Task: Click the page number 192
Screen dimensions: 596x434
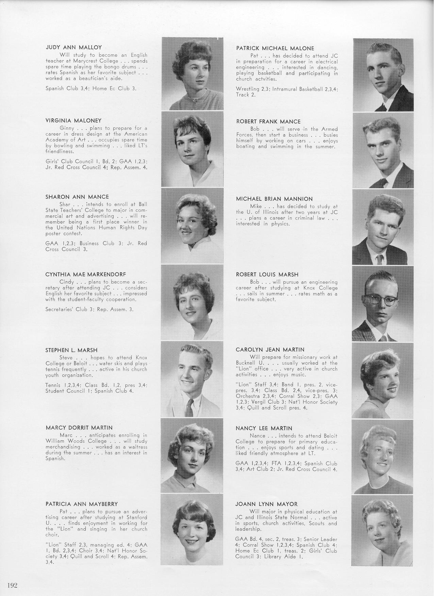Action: [12, 585]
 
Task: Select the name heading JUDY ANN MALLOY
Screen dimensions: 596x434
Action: [74, 47]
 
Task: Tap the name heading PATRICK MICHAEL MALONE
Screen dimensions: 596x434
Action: [275, 48]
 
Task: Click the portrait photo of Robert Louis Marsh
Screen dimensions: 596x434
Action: [383, 303]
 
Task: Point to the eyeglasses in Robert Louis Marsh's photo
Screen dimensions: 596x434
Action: [381, 300]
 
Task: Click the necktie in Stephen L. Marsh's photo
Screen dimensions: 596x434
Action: [189, 407]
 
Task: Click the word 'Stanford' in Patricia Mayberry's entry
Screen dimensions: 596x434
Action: [137, 517]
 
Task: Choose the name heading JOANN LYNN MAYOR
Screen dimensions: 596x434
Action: [266, 504]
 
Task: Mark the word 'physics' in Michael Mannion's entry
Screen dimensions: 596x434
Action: [280, 224]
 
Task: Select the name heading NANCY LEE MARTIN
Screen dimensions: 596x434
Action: [264, 428]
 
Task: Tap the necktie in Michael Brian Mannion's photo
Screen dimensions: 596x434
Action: [379, 260]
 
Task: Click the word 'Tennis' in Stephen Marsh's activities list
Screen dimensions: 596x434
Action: [53, 385]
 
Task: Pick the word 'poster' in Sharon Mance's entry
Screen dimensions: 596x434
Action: [53, 233]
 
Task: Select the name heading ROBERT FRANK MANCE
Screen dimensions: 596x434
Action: [268, 121]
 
